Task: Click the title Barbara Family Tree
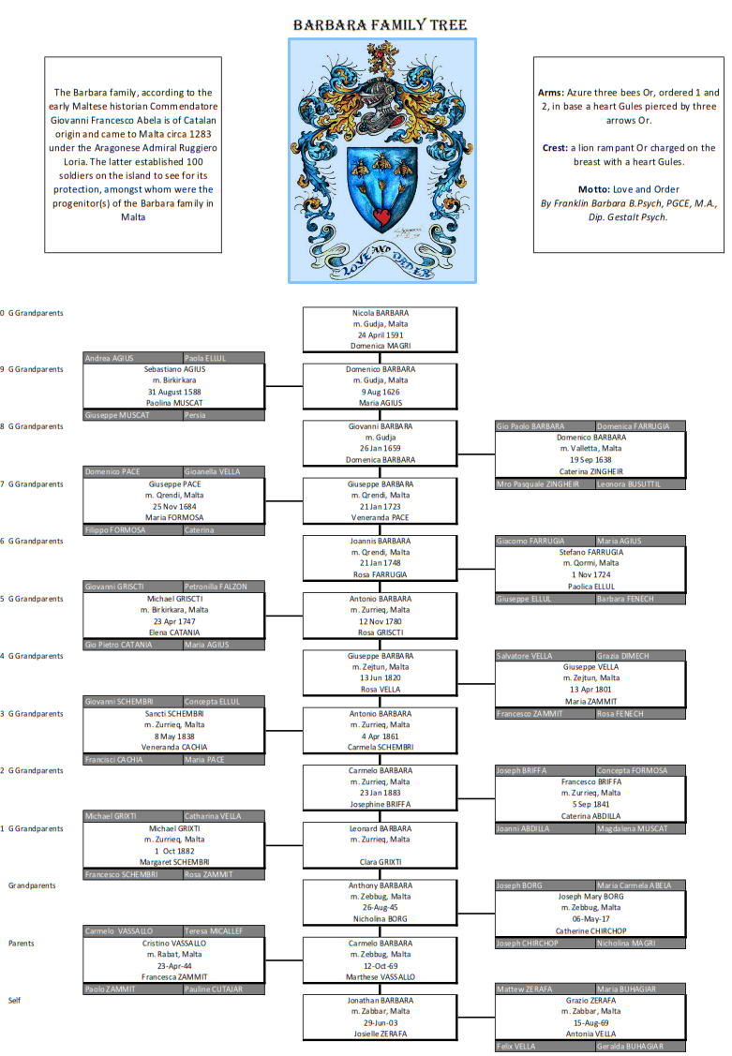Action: click(381, 25)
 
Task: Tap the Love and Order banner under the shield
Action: click(383, 263)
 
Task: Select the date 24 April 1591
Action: click(380, 335)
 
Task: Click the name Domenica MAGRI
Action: click(380, 346)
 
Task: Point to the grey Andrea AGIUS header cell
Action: click(111, 358)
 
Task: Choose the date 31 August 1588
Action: click(175, 392)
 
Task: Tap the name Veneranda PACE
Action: click(380, 517)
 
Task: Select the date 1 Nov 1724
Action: click(590, 575)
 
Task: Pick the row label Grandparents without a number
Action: click(31, 885)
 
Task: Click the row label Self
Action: click(14, 1000)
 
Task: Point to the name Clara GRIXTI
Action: click(380, 862)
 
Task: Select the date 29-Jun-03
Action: click(380, 1022)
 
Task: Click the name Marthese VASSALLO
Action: click(380, 976)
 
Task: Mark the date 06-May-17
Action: click(590, 919)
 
